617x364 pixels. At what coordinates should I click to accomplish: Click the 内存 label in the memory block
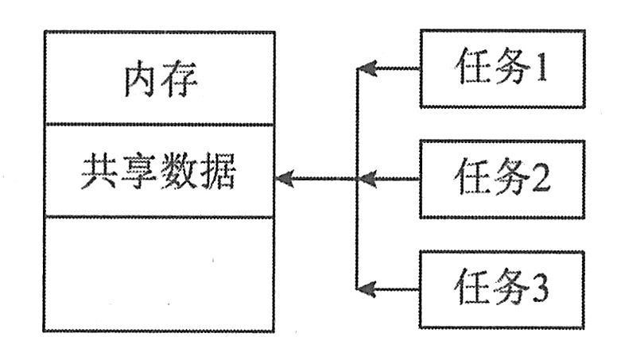[159, 79]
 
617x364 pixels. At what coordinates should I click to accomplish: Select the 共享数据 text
[158, 172]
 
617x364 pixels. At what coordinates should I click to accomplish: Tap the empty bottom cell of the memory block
[158, 274]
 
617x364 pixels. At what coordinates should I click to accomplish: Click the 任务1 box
[502, 69]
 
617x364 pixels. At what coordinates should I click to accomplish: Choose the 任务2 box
[502, 179]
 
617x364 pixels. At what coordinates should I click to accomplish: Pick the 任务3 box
[502, 288]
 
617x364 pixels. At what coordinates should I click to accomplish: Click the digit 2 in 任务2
[540, 180]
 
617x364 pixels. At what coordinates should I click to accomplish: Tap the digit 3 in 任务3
[540, 289]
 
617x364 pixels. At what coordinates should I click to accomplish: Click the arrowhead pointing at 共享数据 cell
[284, 180]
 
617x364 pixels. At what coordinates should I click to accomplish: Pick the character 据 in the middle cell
[217, 172]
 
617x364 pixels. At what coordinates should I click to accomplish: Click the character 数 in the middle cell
[178, 172]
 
